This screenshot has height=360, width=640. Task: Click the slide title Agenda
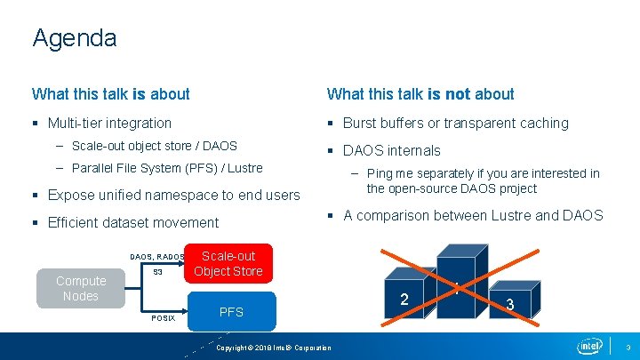74,38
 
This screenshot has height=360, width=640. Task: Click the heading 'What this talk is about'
111,93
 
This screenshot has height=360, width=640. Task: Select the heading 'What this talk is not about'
420,93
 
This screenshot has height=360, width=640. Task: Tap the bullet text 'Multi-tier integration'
109,123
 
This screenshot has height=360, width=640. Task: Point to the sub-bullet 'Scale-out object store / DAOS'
154,146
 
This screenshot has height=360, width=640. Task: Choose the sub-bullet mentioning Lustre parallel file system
167,168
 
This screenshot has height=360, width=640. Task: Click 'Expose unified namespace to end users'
173,195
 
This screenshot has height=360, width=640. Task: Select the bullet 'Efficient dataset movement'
132,222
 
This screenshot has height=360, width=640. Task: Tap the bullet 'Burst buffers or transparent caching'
455,123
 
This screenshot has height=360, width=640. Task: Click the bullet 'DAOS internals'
391,150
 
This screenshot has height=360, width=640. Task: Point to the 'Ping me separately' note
483,180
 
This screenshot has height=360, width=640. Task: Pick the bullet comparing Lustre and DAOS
472,215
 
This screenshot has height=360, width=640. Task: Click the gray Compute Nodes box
80,288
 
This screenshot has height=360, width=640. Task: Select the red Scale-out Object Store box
228,263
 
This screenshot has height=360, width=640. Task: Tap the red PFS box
231,312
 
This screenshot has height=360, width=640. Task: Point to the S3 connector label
157,272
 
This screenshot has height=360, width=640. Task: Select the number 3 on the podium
510,304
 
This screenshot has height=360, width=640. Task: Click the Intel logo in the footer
589,346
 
